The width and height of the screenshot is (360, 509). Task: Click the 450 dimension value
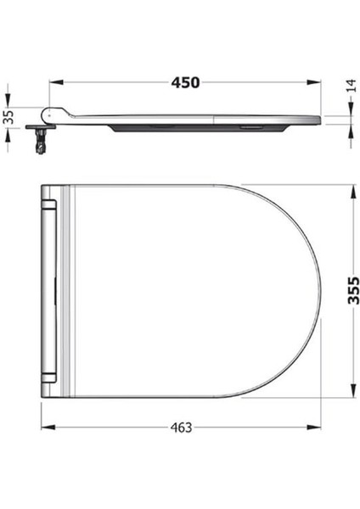(185, 82)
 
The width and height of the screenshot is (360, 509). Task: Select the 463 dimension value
(180, 428)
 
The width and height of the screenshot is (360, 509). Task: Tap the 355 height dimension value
(353, 290)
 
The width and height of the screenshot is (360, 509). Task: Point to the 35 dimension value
(9, 117)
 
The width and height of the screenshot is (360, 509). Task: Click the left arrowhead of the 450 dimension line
(53, 82)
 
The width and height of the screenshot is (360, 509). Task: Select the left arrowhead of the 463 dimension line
(46, 428)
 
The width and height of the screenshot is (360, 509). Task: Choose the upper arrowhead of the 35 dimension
(9, 103)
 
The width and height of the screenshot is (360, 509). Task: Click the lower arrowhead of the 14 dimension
(352, 128)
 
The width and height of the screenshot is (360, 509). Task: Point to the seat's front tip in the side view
(318, 120)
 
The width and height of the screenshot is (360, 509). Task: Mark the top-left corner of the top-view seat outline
(42, 186)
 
